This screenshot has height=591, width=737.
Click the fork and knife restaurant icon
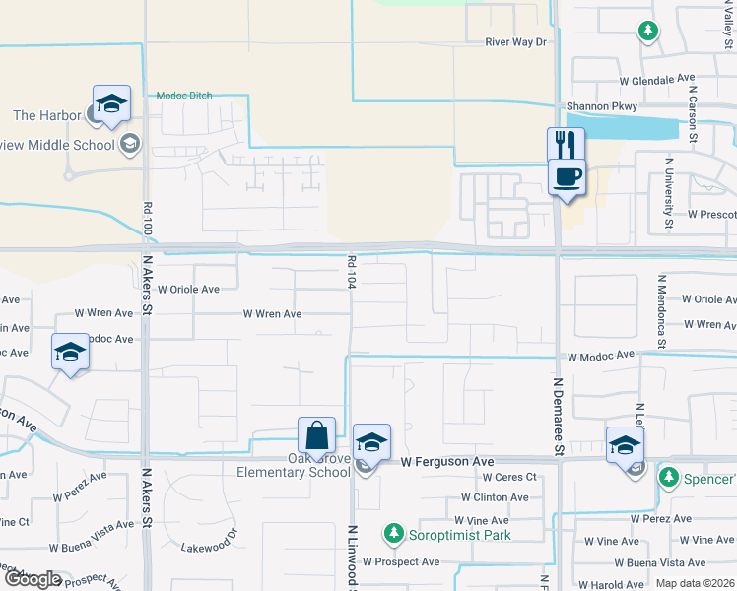click(x=566, y=144)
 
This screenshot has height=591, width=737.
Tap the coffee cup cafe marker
click(x=566, y=177)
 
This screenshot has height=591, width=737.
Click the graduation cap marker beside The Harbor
click(x=111, y=102)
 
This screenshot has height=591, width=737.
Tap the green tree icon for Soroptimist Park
click(x=394, y=534)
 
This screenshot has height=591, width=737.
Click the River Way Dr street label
click(x=515, y=42)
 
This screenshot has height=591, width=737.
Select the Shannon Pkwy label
click(x=601, y=106)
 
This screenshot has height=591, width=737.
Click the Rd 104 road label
click(x=350, y=272)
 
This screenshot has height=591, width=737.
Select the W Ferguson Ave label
click(x=446, y=461)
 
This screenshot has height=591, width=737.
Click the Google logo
click(x=33, y=579)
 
